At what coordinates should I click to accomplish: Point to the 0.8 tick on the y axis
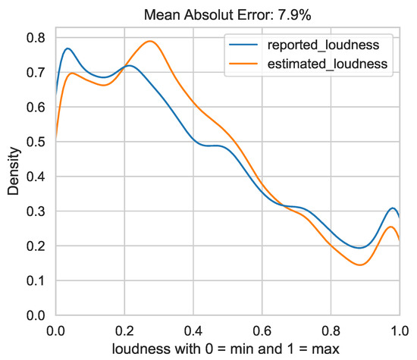[36, 37]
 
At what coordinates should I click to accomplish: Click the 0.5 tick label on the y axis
[36, 142]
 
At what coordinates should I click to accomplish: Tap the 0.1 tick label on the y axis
[36, 280]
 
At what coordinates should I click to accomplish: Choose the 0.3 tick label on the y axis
[36, 211]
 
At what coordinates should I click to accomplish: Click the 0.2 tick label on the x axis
[124, 330]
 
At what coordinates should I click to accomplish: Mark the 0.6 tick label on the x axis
[262, 330]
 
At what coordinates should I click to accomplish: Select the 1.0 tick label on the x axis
[397, 330]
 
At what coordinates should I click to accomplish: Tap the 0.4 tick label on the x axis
[193, 330]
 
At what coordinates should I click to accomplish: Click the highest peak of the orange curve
[151, 42]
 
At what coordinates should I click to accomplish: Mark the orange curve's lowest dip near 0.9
[360, 265]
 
